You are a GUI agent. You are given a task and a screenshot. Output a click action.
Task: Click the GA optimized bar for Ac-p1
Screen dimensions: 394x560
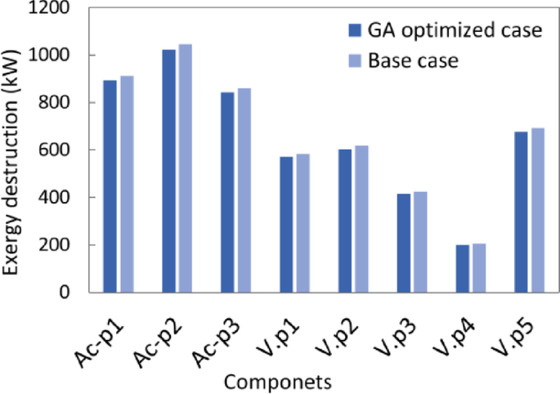click(x=110, y=186)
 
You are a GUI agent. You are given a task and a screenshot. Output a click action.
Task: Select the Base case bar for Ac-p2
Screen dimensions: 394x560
click(x=186, y=168)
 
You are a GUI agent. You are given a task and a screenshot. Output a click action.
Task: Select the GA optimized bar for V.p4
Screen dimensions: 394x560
click(x=463, y=268)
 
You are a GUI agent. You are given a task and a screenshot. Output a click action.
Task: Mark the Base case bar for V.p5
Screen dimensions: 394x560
click(x=539, y=210)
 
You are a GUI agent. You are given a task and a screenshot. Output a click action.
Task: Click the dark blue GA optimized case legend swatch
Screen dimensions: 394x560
click(x=355, y=31)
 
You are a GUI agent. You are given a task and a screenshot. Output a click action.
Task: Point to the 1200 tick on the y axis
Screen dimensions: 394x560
click(x=52, y=9)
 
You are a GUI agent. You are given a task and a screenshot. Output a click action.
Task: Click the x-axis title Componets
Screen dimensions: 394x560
click(x=277, y=381)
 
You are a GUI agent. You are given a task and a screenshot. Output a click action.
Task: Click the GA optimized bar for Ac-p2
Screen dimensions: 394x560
click(x=168, y=171)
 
